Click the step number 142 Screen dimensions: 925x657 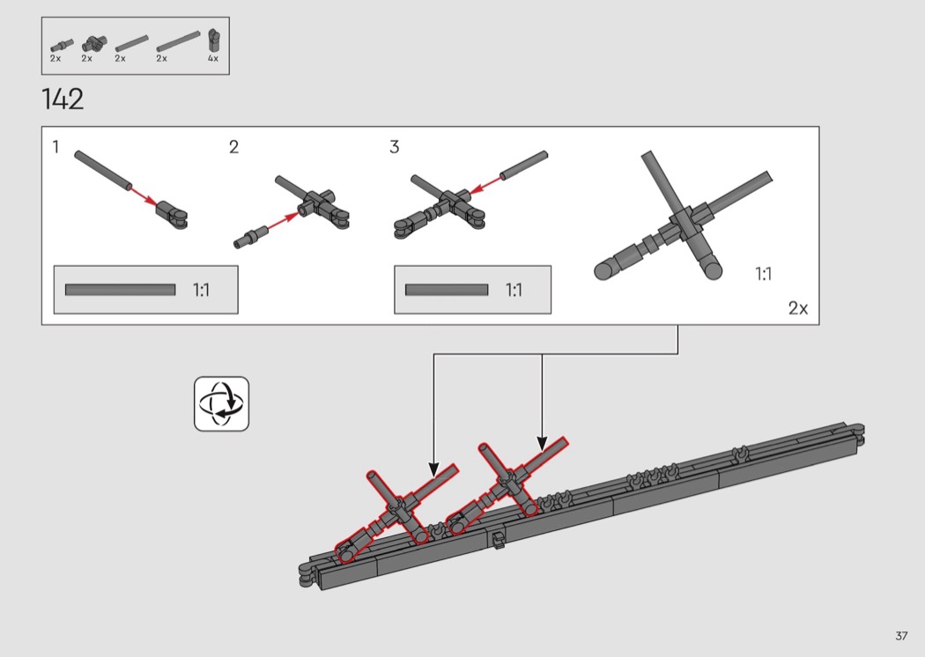tap(63, 100)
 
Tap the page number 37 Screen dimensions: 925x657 tap(901, 636)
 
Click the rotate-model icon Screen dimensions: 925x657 tap(221, 404)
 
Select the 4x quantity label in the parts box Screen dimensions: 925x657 tap(213, 58)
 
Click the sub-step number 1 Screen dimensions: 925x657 tap(56, 147)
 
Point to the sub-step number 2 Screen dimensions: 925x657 tap(233, 147)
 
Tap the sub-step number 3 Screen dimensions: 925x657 tap(395, 147)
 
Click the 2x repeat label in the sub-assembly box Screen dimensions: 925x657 tap(798, 308)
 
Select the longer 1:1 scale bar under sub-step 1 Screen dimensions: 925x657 tap(121, 290)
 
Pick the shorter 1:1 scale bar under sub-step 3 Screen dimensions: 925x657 tap(447, 290)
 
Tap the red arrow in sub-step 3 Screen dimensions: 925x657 tap(485, 184)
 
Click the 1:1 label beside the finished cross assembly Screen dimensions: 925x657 tap(764, 274)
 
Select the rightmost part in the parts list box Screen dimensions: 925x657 tap(213, 41)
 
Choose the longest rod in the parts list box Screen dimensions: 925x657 tap(178, 42)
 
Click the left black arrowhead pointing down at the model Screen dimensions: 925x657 tap(433, 469)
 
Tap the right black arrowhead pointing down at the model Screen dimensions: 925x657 tap(542, 444)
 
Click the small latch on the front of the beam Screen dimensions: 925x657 tap(499, 540)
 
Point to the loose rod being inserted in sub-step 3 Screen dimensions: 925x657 tap(524, 166)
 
